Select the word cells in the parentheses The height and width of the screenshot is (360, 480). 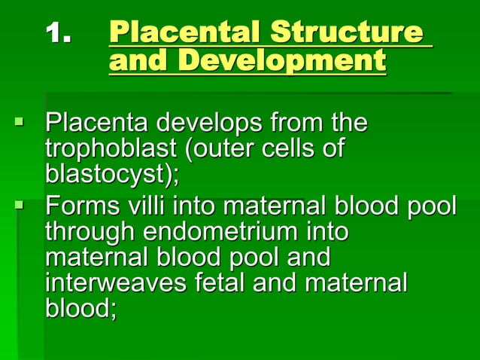288,148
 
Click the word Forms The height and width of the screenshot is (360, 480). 80,204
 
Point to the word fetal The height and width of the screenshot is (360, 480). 222,284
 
